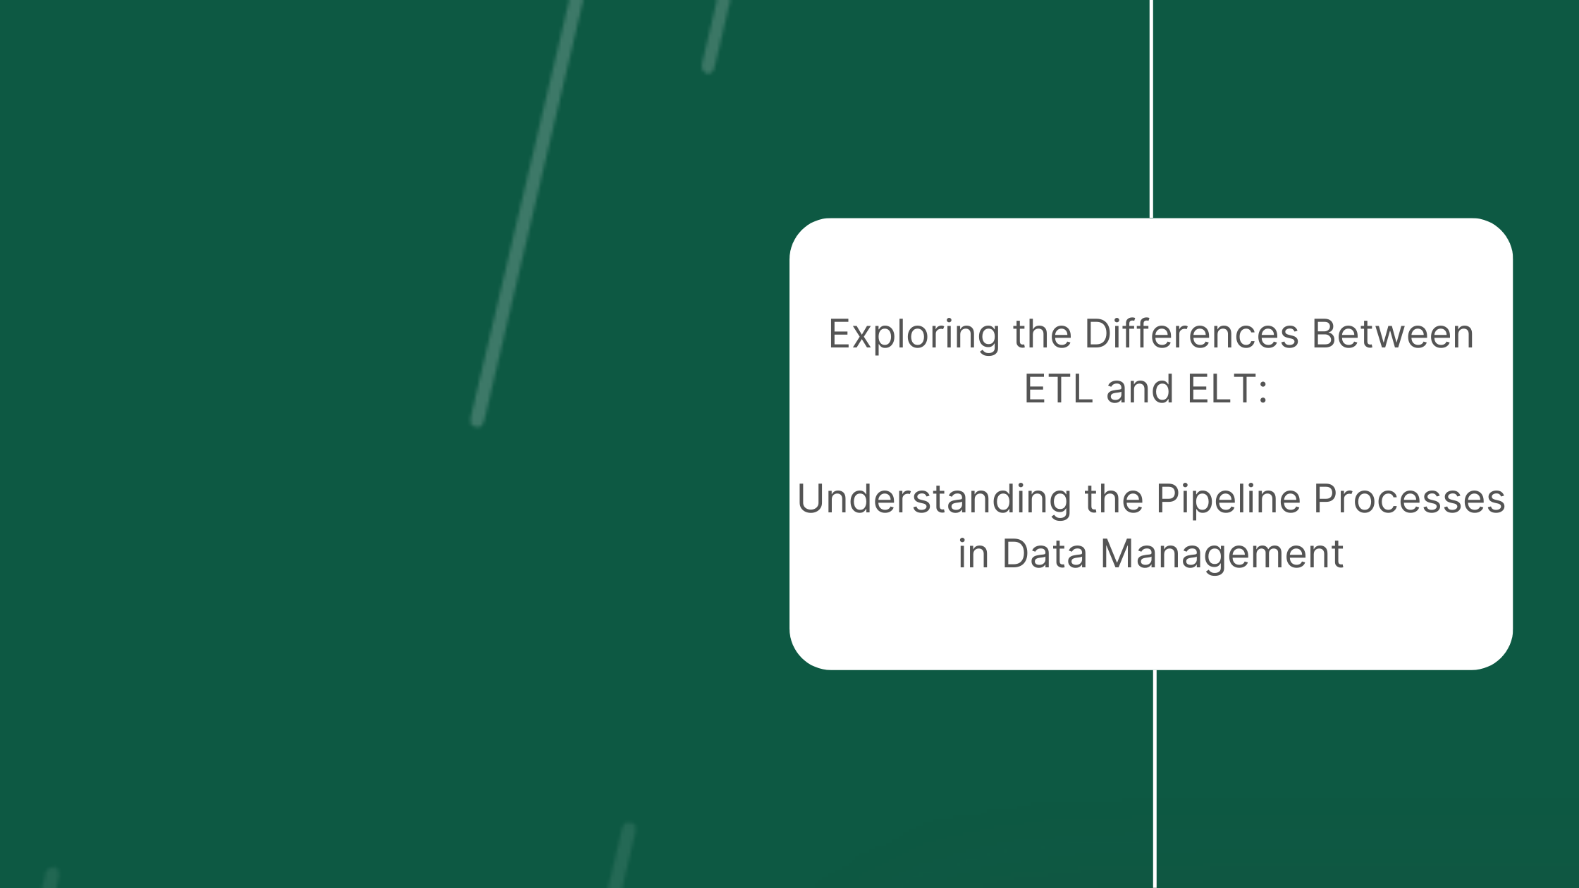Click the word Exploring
914,335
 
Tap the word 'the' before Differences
1043,333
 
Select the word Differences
1191,333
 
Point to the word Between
1393,333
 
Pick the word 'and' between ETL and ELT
1140,388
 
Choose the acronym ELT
1222,388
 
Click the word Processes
1410,498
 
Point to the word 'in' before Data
973,553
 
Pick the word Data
1045,553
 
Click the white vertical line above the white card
1151,109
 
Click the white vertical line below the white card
1155,779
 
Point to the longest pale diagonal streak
527,211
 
